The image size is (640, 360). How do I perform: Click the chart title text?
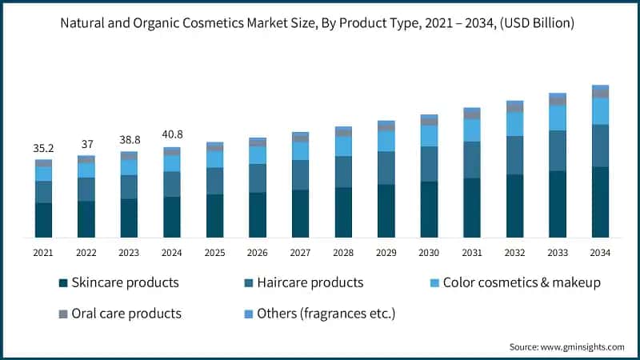320,23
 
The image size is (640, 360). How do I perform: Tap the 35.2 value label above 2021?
43,148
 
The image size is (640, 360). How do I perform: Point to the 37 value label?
86,144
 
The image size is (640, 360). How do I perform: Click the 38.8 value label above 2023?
129,139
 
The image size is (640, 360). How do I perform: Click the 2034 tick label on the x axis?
600,253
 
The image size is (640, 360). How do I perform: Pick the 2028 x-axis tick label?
343,253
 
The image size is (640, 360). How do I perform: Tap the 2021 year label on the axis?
43,253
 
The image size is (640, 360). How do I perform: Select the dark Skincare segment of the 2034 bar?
600,202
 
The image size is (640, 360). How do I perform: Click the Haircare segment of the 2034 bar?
600,146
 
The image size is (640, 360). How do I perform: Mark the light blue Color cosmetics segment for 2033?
557,118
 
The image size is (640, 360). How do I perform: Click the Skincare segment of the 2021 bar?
43,220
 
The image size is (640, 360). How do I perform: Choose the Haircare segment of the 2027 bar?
300,174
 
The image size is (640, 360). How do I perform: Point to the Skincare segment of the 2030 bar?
429,209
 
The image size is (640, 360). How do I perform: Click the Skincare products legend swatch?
62,283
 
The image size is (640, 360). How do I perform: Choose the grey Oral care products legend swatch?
62,313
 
